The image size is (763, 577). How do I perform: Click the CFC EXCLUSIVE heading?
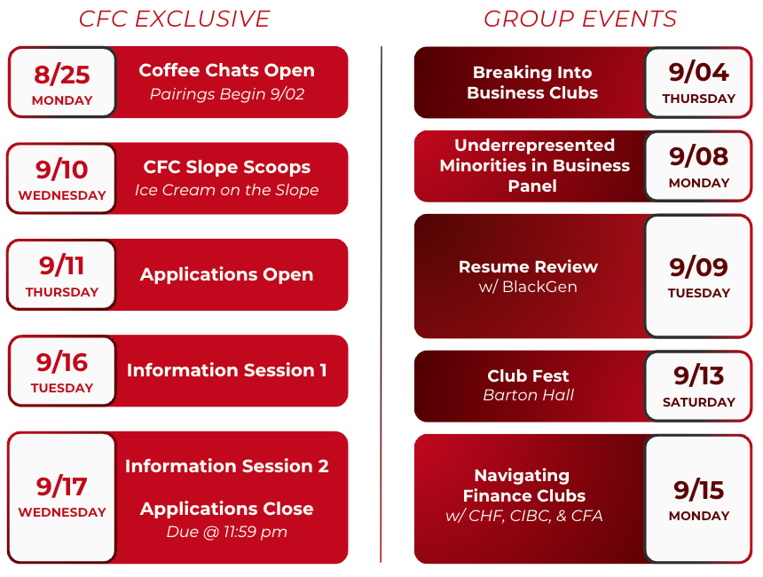click(x=174, y=20)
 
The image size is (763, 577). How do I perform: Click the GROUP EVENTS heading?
click(x=580, y=20)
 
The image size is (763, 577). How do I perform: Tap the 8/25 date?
click(x=62, y=75)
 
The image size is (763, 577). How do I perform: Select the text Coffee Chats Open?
click(x=227, y=71)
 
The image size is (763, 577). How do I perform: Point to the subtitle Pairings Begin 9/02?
click(x=227, y=93)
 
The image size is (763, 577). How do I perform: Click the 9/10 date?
click(x=62, y=170)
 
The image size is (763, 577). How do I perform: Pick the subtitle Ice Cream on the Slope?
click(x=227, y=190)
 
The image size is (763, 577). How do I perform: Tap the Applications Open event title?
click(x=227, y=274)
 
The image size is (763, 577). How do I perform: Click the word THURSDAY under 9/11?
click(x=62, y=292)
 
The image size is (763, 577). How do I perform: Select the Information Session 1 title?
click(x=227, y=370)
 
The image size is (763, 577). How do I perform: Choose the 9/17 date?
click(x=62, y=486)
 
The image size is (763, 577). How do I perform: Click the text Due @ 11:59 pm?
click(x=227, y=531)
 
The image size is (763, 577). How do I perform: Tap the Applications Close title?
click(x=227, y=509)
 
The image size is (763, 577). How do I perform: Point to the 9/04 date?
click(x=699, y=73)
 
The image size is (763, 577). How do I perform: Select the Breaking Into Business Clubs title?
click(x=532, y=83)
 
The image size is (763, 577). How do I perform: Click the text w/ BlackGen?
click(x=528, y=287)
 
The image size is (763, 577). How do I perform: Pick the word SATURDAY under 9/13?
click(x=699, y=402)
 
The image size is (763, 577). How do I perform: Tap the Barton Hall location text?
click(x=529, y=395)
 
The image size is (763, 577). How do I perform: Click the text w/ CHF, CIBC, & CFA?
click(x=524, y=516)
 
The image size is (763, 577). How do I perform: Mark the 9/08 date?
click(x=699, y=156)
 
